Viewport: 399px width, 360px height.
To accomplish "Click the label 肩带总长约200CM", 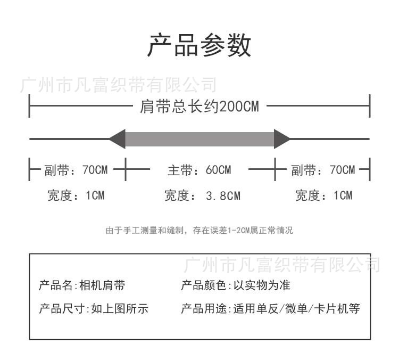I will pos(199,107).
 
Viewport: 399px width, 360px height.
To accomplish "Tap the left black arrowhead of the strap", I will pos(118,138).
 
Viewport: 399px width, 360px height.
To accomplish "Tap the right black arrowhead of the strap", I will pos(281,138).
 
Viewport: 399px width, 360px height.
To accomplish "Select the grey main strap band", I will pos(199,138).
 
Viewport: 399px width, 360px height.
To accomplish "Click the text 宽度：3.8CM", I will pos(202,196).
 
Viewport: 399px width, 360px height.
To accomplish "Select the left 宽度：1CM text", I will pos(76,195).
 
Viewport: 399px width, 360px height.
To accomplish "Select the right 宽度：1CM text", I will pos(323,195).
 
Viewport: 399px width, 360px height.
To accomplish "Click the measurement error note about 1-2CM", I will pos(199,231).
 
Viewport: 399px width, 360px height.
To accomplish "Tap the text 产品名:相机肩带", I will pos(82,285).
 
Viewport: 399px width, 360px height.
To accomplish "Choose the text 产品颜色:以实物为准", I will pos(236,285).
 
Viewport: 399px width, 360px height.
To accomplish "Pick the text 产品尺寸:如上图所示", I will pos(94,309).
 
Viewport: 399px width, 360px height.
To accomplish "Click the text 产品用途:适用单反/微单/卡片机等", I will pos(270,309).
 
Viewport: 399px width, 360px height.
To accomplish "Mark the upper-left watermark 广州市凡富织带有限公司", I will pos(118,85).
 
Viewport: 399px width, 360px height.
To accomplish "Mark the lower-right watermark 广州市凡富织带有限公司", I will pos(282,264).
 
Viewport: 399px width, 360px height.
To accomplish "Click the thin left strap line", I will pos(69,138).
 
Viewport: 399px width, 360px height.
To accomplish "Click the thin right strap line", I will pos(330,138).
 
